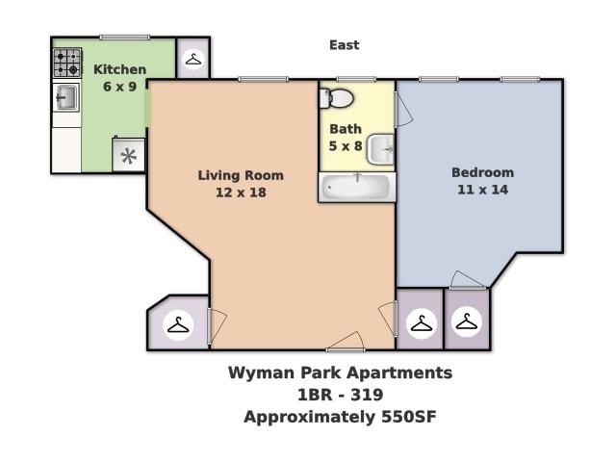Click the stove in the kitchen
coord(67,64)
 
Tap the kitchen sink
coord(66,97)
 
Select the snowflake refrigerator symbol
coord(128,155)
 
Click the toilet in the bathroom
coord(338,97)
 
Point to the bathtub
coord(357,187)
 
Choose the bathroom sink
coord(381,148)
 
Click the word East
coord(344,45)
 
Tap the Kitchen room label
coord(119,69)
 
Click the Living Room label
coord(241,175)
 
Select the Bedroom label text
coord(482,172)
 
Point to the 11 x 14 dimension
coord(482,190)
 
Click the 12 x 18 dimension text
coord(241,192)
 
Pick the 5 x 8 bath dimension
coord(345,146)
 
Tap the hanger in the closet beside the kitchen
coord(193,60)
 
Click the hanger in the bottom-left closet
coord(178,325)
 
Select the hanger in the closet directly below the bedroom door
coord(467,321)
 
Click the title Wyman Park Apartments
coord(340,372)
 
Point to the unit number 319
coord(366,395)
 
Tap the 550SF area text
coord(403,417)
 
